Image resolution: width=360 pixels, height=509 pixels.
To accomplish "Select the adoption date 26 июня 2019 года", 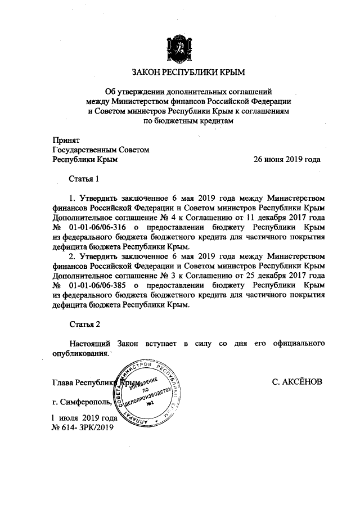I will click(287, 159).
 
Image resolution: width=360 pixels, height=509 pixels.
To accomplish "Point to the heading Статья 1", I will click(84, 179).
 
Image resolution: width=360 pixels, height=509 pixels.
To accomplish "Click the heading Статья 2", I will click(84, 325).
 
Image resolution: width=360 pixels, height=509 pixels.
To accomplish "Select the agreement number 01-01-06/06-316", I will click(94, 228).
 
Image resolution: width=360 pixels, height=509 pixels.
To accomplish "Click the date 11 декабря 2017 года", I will click(286, 218).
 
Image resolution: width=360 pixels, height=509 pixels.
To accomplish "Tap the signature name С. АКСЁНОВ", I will click(296, 382).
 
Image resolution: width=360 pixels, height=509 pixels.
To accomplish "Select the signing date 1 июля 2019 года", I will click(84, 418).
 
